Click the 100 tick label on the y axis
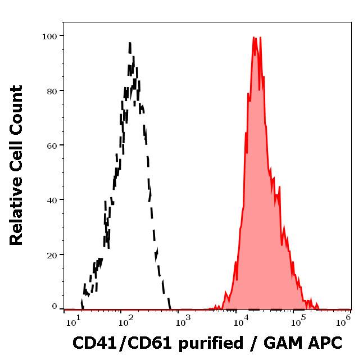[49, 36]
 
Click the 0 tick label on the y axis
[55, 307]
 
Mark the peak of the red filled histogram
[255, 38]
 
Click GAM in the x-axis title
[282, 343]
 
